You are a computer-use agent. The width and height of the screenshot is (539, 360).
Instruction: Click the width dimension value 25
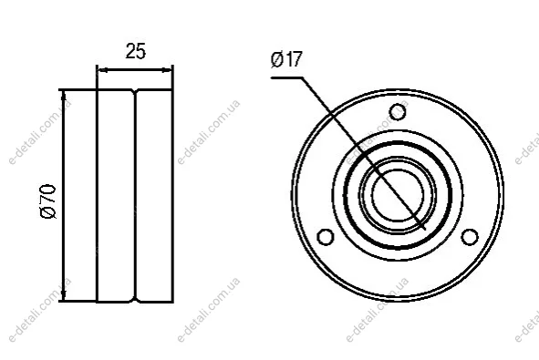[x=136, y=51]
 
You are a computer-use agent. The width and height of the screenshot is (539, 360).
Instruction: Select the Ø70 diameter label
[x=48, y=201]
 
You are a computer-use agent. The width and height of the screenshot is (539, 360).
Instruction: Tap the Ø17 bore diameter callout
[x=286, y=59]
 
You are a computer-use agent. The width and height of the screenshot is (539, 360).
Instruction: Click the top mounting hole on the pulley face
[x=398, y=111]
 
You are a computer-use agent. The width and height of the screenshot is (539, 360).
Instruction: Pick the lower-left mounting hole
[x=326, y=237]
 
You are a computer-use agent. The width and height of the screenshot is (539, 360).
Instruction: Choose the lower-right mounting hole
[x=469, y=237]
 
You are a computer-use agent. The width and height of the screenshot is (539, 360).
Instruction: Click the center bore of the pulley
[x=398, y=194]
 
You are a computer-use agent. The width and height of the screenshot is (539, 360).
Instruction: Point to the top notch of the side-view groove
[x=135, y=92]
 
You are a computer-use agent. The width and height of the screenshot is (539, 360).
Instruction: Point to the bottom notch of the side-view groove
[x=135, y=299]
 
